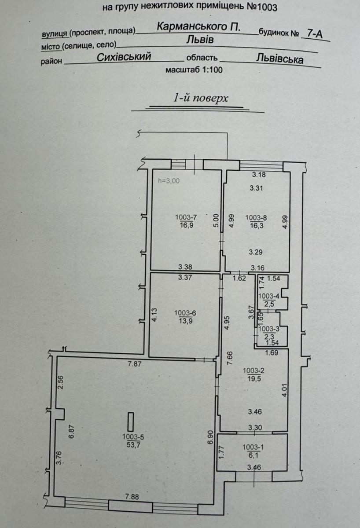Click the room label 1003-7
coord(186,217)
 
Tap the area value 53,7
coord(133,445)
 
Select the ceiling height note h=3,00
coord(169,181)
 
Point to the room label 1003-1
coord(253,447)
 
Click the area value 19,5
coord(253,379)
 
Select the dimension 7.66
coord(230,358)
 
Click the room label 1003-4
coord(269,296)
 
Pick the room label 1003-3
coord(269,329)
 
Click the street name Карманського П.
coord(199,27)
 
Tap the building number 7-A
coord(315,34)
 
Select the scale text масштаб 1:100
coord(194,70)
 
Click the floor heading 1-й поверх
coord(201,98)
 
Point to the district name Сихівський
coord(124,57)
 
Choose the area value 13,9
coord(186,321)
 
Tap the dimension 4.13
coord(154,315)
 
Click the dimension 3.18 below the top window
coord(259,175)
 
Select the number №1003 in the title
coord(262,7)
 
